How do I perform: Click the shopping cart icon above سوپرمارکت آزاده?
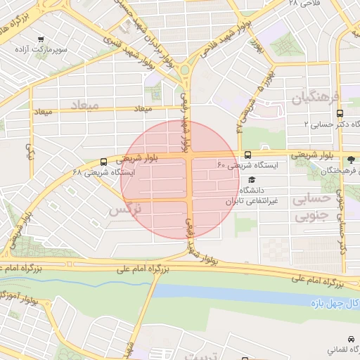click(40, 39)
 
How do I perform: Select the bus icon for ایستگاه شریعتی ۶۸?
click(104, 161)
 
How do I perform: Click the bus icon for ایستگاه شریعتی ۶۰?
click(247, 155)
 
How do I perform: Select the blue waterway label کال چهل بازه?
click(335, 302)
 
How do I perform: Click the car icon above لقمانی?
click(350, 338)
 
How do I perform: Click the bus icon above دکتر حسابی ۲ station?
click(340, 112)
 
